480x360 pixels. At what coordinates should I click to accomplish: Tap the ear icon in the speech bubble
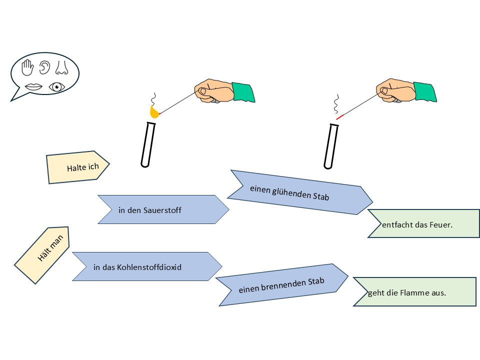45,67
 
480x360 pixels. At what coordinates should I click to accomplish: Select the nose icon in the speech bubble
62,67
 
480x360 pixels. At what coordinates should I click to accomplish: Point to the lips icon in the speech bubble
34,87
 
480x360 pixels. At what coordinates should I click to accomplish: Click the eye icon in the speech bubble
57,87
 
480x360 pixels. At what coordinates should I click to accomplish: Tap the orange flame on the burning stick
154,113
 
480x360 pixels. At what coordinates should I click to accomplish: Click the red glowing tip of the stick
340,117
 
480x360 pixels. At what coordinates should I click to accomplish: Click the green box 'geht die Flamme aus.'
415,291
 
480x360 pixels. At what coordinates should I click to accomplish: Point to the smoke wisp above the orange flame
154,98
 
